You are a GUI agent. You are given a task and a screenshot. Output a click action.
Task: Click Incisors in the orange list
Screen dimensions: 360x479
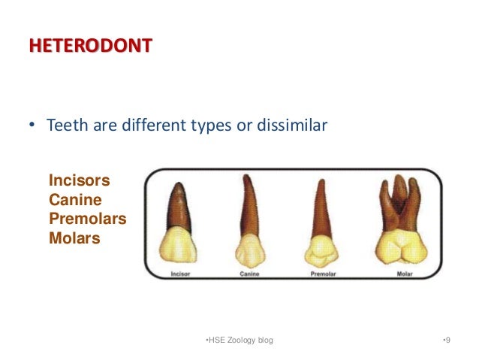point(79,181)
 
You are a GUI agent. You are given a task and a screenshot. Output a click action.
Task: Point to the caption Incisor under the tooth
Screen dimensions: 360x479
point(181,274)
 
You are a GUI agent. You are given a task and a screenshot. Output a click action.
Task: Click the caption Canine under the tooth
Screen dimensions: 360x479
point(249,274)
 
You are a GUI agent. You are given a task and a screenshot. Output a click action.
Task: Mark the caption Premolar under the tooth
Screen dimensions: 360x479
point(323,274)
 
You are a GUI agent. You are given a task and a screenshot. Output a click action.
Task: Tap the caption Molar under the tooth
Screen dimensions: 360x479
point(404,274)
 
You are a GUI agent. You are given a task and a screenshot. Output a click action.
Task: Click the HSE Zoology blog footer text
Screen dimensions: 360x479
point(239,340)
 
